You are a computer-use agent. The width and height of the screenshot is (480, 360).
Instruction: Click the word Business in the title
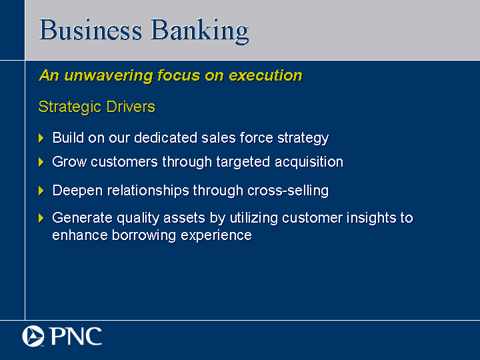[90, 30]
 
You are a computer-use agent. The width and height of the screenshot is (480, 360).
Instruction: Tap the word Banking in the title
[199, 31]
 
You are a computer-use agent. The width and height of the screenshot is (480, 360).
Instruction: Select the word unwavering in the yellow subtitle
[109, 75]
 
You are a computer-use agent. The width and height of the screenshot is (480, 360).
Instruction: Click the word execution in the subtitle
[265, 75]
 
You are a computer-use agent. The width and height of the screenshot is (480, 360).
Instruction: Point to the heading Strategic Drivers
[97, 107]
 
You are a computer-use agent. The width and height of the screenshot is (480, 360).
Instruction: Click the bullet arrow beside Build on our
[41, 138]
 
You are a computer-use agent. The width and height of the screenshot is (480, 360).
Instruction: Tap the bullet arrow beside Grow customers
[41, 162]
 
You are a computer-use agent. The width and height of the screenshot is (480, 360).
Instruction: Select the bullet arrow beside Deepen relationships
[41, 191]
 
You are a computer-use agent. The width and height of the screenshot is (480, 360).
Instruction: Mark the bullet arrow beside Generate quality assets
[41, 218]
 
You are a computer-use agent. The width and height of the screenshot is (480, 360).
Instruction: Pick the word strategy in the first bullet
[303, 139]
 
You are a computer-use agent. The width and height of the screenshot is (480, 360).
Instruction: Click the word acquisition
[309, 162]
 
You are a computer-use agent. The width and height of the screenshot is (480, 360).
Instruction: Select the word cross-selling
[288, 191]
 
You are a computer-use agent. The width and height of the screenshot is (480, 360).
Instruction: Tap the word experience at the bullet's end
[216, 236]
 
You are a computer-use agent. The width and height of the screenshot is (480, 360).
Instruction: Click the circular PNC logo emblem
[33, 336]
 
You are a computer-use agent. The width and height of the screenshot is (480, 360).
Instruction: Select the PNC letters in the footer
[75, 336]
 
